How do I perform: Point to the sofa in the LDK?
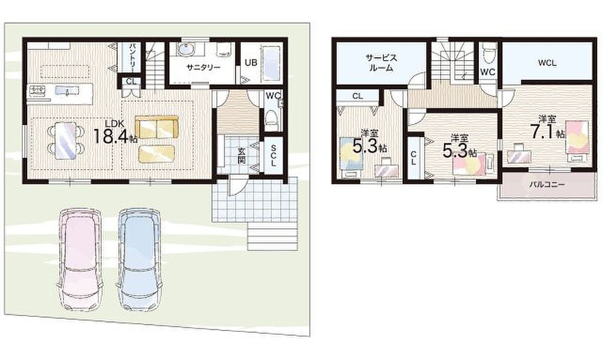pyautogui.click(x=157, y=127)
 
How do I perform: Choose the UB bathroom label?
pyautogui.click(x=251, y=63)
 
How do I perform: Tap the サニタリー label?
pyautogui.click(x=204, y=67)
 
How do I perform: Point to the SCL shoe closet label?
pyautogui.click(x=273, y=155)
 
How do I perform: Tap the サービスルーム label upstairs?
pyautogui.click(x=381, y=63)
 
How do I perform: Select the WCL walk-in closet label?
pyautogui.click(x=547, y=63)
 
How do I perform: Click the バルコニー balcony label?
pyautogui.click(x=547, y=185)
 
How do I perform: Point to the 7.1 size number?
pyautogui.click(x=542, y=131)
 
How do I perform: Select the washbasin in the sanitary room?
pyautogui.click(x=185, y=49)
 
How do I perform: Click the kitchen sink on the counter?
pyautogui.click(x=67, y=91)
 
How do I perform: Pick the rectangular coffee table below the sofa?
pyautogui.click(x=156, y=153)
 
